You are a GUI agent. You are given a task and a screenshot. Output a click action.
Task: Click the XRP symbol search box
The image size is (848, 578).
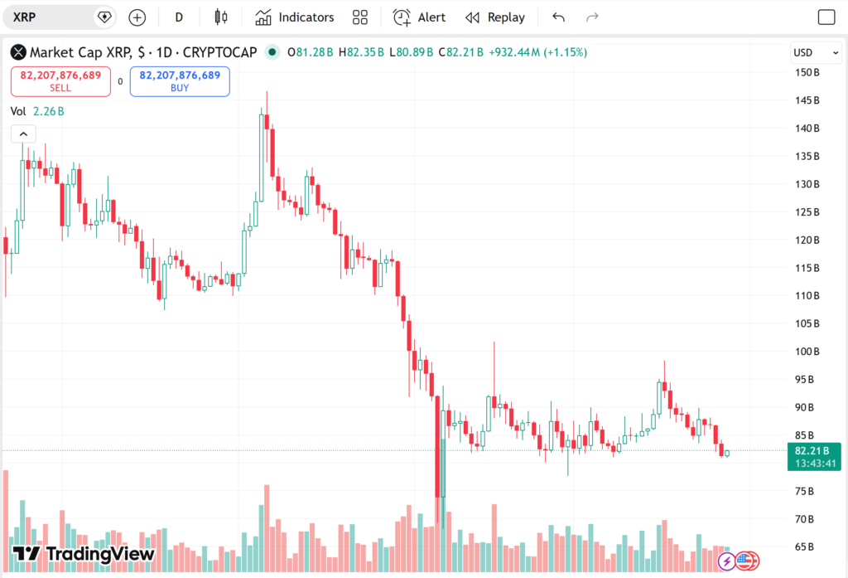coord(50,17)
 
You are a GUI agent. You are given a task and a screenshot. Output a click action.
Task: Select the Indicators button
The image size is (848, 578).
coord(295,17)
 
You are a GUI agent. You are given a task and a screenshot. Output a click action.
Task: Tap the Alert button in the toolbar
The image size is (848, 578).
coord(419,17)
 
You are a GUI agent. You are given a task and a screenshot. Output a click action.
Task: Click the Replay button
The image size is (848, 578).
coord(495,17)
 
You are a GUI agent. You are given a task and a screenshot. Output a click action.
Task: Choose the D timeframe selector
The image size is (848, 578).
coord(179,17)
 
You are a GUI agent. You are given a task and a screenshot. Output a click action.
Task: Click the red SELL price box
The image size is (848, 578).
coord(60,80)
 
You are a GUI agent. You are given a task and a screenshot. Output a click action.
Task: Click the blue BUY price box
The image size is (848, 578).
coord(180,80)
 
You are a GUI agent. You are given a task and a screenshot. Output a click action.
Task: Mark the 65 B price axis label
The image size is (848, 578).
coord(805,547)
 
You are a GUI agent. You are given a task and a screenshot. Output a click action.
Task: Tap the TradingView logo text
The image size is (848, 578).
coord(84,554)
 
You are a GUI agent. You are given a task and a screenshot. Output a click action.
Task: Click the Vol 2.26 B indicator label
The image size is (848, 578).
coord(37,111)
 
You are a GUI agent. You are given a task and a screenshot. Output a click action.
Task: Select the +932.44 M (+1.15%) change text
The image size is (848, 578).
coord(538,52)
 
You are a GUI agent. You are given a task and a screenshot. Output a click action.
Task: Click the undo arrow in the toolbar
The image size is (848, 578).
coord(558,17)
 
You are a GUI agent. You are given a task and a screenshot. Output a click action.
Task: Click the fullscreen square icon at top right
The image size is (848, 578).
coord(826,17)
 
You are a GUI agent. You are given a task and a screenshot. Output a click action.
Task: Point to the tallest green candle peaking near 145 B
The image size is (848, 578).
coord(263,158)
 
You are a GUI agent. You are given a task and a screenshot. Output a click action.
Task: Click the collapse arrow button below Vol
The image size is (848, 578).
coord(23,134)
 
